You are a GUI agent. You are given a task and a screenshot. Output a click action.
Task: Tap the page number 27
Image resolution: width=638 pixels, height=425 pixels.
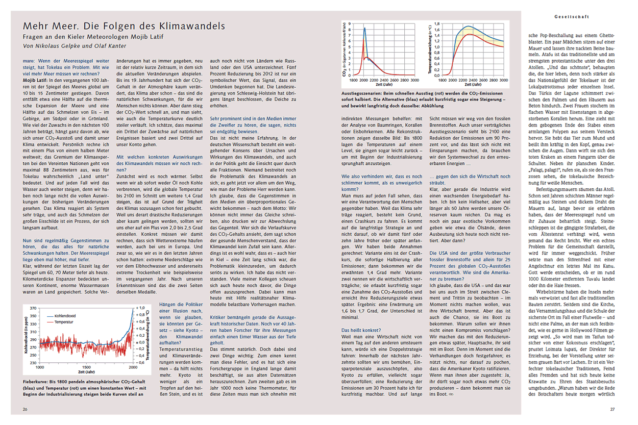[612, 409]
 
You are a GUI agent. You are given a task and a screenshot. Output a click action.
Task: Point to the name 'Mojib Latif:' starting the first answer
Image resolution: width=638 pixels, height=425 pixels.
[36, 80]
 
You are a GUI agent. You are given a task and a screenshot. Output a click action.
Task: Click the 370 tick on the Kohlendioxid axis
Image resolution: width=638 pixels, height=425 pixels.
[35, 308]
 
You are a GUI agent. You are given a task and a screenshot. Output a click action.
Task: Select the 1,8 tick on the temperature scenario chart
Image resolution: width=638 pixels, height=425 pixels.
[437, 24]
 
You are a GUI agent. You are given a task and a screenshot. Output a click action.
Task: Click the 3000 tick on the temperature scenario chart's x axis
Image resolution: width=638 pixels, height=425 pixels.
[503, 81]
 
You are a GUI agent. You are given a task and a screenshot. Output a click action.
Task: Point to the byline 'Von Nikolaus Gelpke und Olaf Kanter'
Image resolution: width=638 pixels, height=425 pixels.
[71, 46]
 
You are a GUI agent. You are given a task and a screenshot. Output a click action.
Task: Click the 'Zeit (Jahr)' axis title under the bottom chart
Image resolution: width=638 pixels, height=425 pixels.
[85, 372]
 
